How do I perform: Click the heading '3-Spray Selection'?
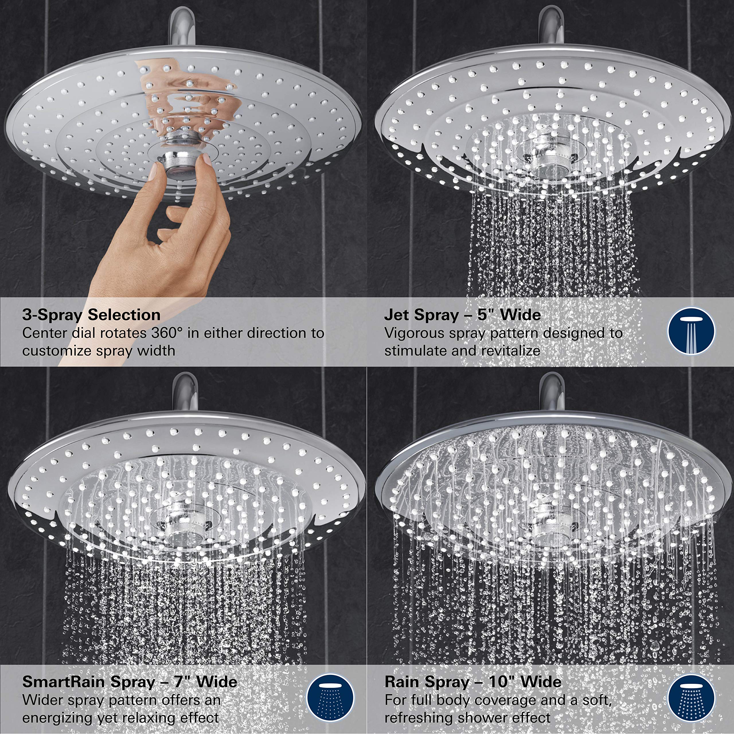click(91, 315)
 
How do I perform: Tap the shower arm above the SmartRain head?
click(185, 391)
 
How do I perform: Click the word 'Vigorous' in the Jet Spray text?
click(414, 333)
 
